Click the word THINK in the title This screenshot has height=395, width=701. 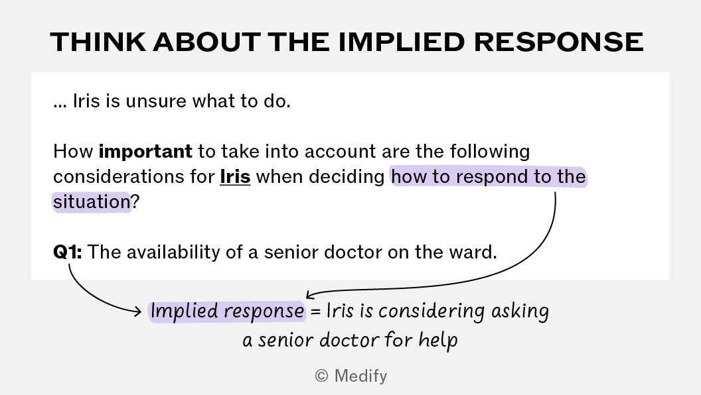pyautogui.click(x=98, y=42)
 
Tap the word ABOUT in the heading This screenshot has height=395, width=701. pyautogui.click(x=206, y=42)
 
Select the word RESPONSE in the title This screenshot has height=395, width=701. pyautogui.click(x=558, y=42)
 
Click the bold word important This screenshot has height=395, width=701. pyautogui.click(x=145, y=152)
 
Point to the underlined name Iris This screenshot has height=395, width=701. pyautogui.click(x=235, y=177)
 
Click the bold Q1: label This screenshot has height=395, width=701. pyautogui.click(x=68, y=252)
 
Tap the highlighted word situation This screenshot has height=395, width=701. pyautogui.click(x=92, y=201)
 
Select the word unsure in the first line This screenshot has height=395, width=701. pyautogui.click(x=156, y=102)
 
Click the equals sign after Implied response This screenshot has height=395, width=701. pyautogui.click(x=315, y=311)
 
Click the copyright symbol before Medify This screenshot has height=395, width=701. pyautogui.click(x=321, y=376)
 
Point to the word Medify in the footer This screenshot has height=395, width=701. pyautogui.click(x=360, y=376)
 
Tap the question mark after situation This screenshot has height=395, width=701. pyautogui.click(x=135, y=201)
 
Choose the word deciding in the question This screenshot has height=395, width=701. pyautogui.click(x=347, y=177)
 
